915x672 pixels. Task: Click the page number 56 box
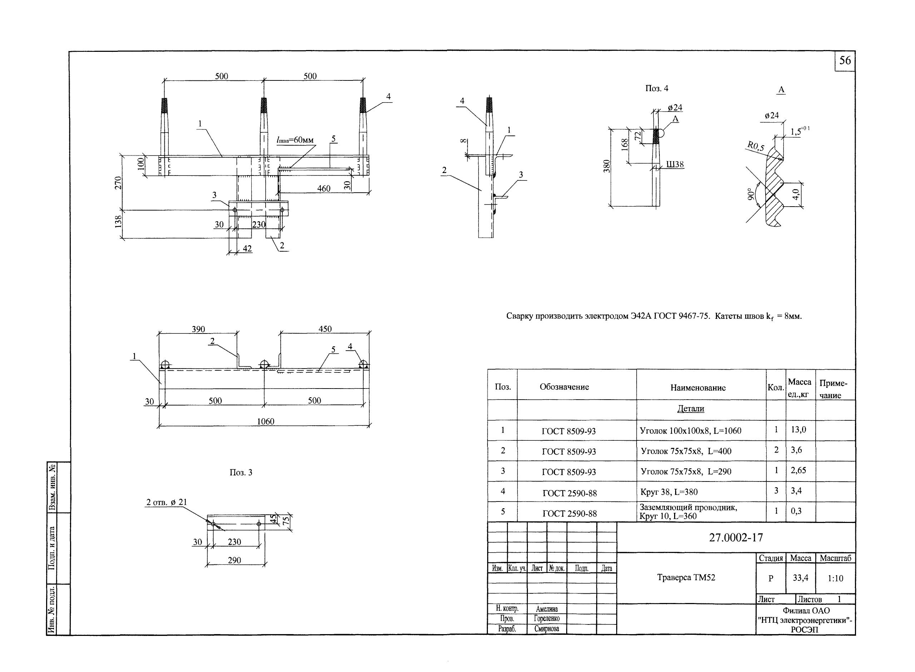(x=845, y=61)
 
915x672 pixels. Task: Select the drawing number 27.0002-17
(x=736, y=538)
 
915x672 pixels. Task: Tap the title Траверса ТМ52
(x=686, y=577)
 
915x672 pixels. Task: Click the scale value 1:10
(x=835, y=578)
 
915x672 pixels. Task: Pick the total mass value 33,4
(x=800, y=577)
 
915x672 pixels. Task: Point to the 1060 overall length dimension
(x=265, y=421)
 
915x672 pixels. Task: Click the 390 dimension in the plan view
(x=198, y=329)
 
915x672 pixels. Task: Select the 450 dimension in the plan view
(x=325, y=329)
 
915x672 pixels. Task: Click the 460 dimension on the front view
(x=324, y=188)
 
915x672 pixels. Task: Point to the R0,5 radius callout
(x=755, y=146)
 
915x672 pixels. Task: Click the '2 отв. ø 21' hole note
(x=167, y=502)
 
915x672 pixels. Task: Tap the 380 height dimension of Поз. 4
(x=606, y=166)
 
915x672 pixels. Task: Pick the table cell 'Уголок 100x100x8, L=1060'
(x=691, y=430)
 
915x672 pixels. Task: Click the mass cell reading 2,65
(x=798, y=470)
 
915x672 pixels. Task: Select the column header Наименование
(x=698, y=388)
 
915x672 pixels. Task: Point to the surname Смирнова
(x=547, y=629)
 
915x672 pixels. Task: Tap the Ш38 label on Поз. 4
(x=675, y=164)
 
